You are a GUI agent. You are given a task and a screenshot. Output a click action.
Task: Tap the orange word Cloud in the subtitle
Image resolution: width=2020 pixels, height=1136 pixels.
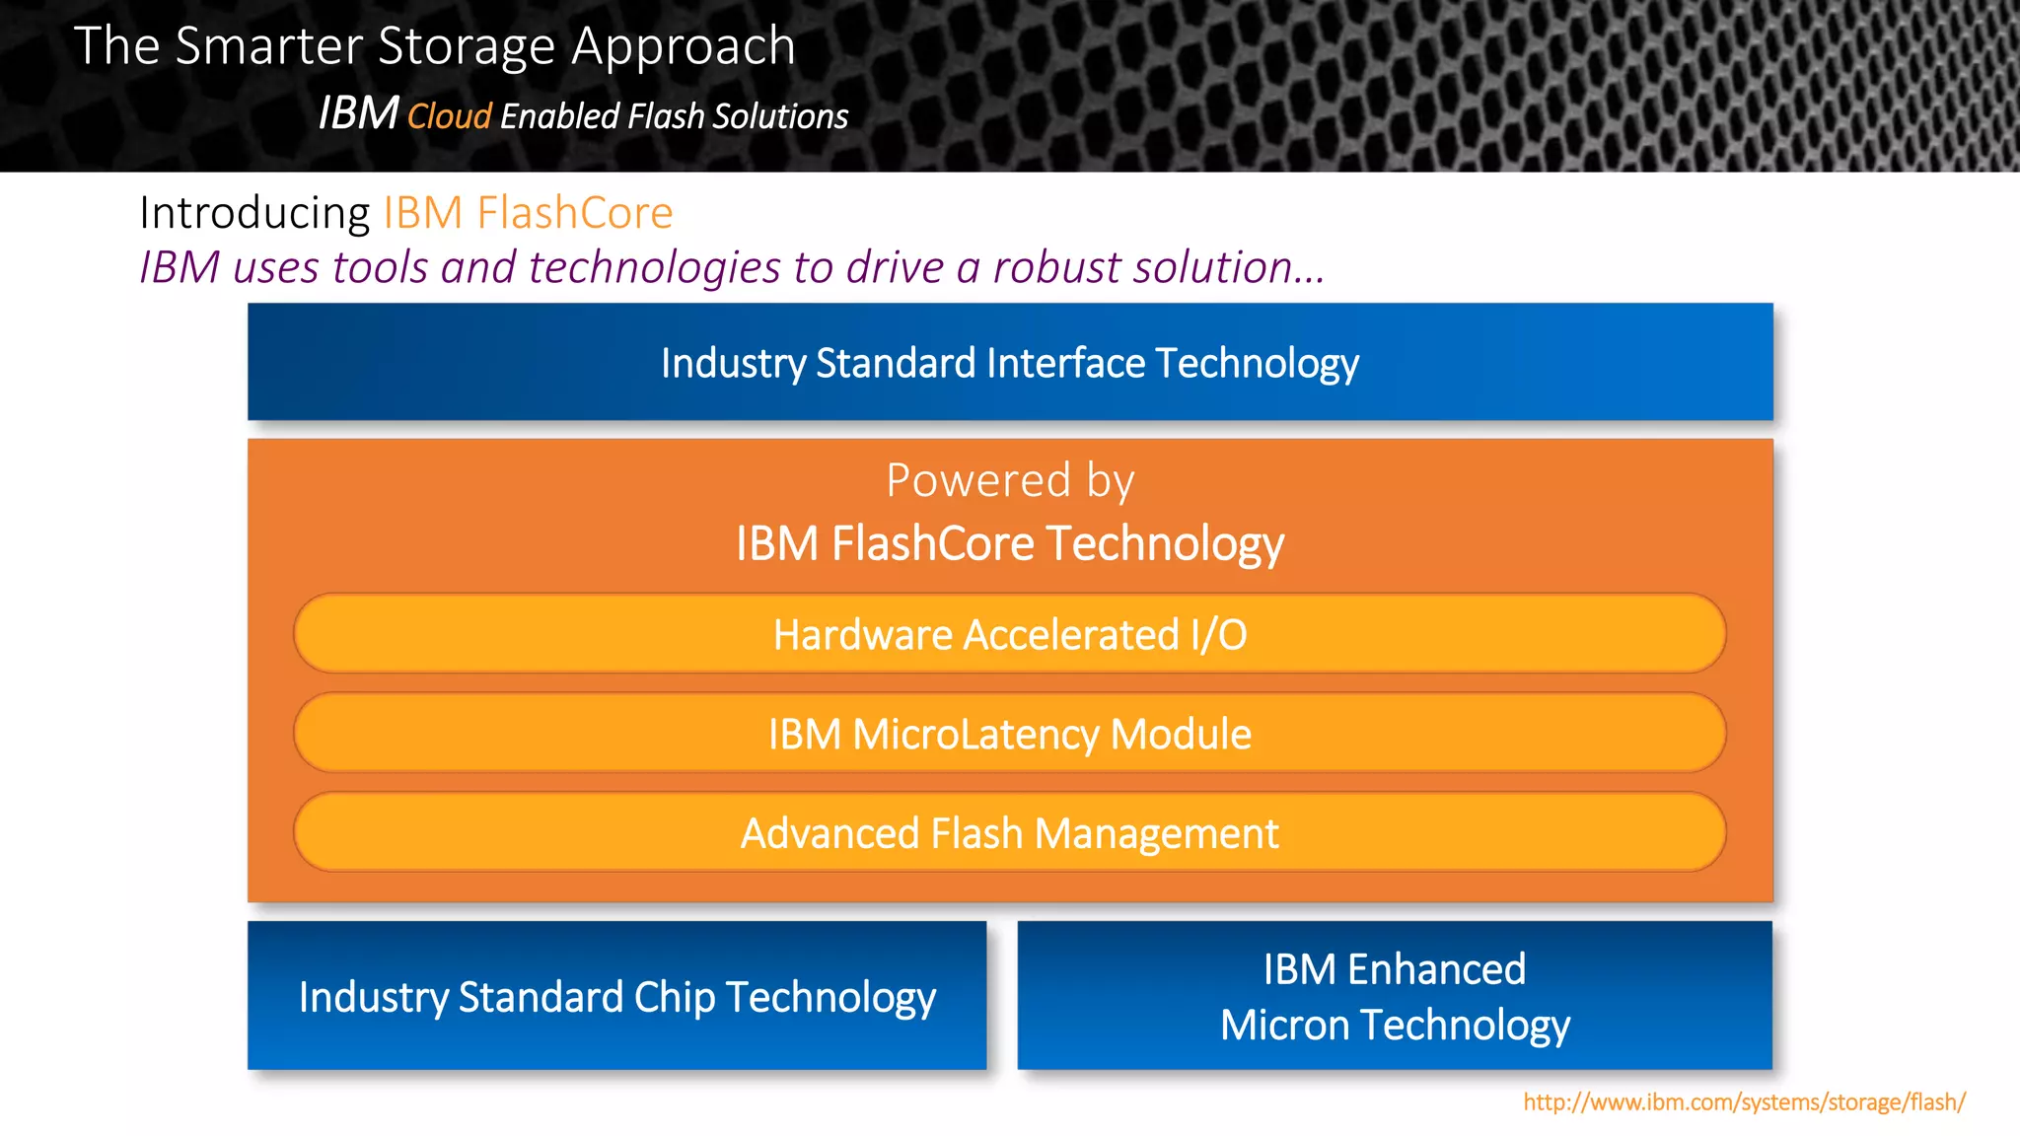449,116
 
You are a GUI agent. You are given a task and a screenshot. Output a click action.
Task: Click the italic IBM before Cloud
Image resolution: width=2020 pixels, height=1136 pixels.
357,113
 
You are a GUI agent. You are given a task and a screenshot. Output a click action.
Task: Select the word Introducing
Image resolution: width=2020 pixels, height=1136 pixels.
254,213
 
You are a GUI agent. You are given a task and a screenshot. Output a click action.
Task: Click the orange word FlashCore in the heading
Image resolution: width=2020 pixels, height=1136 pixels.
574,213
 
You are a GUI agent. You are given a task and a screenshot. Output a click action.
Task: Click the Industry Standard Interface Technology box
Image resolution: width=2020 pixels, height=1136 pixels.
1010,362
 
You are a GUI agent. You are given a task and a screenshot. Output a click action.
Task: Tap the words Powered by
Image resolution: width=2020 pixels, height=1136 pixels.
1010,480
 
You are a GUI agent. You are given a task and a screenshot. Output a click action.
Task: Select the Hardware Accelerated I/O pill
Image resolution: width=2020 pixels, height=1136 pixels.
1010,634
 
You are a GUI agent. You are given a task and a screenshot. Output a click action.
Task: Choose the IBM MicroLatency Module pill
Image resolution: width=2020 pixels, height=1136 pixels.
1010,734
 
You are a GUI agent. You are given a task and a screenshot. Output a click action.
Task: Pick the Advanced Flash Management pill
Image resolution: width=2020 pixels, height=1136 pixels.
1010,833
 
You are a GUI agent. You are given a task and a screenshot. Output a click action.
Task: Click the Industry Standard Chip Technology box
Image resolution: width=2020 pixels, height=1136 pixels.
616,996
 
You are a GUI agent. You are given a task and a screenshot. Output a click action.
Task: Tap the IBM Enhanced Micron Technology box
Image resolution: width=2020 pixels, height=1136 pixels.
1395,996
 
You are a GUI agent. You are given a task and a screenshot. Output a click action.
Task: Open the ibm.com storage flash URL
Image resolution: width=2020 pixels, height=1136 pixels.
1744,1101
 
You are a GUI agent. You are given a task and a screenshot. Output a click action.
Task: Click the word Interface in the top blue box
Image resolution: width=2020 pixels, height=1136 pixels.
1065,363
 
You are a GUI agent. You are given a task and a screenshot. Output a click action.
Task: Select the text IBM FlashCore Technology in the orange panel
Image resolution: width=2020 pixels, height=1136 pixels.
1010,543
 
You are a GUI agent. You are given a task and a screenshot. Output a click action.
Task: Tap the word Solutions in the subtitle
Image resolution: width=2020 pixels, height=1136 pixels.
780,116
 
